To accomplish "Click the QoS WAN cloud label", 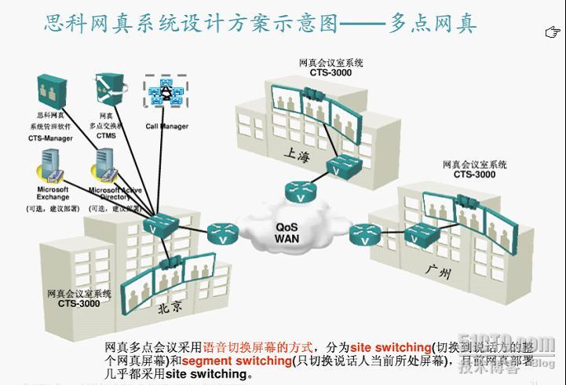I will tap(286, 233).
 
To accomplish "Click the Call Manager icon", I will tap(164, 93).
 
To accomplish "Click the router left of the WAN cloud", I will tap(221, 233).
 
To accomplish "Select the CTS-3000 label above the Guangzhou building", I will tap(474, 174).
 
